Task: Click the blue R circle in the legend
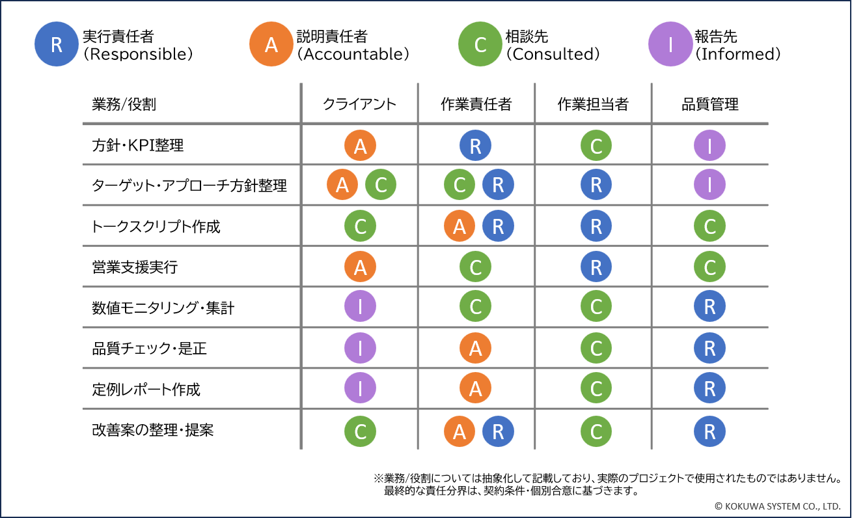point(57,44)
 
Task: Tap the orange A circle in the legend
point(271,44)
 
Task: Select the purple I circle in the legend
point(670,44)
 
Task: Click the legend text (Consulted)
point(553,55)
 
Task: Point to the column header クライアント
point(359,104)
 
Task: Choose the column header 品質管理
point(710,104)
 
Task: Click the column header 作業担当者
point(593,104)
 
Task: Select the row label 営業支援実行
point(135,267)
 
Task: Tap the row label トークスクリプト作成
point(156,227)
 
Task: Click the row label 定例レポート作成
point(146,390)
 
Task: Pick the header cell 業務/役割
point(124,104)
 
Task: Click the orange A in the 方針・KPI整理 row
point(360,146)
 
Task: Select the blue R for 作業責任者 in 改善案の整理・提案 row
point(498,431)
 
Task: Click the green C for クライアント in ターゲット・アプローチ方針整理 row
point(381,186)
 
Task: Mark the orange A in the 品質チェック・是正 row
point(475,349)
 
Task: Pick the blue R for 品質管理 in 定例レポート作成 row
point(709,389)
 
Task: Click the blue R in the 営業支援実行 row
point(596,267)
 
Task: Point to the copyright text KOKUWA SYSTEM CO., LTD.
point(777,506)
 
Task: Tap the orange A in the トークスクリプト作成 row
point(460,227)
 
